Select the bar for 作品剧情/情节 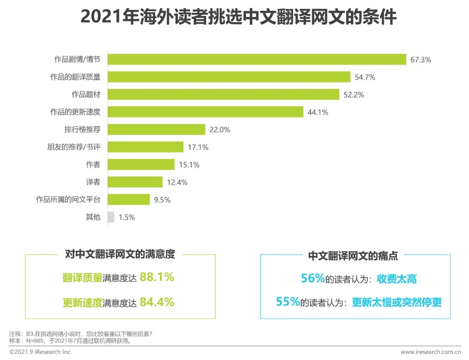click(x=257, y=59)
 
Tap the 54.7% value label click(x=365, y=77)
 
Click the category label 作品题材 click(x=86, y=94)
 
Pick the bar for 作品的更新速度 click(x=205, y=112)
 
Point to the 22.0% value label click(x=220, y=130)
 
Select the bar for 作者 click(x=141, y=165)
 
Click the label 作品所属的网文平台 click(x=68, y=200)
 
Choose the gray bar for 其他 click(x=111, y=217)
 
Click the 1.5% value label click(x=127, y=217)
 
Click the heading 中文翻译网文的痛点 click(x=353, y=256)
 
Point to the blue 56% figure click(x=313, y=279)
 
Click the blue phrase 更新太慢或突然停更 click(x=397, y=302)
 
